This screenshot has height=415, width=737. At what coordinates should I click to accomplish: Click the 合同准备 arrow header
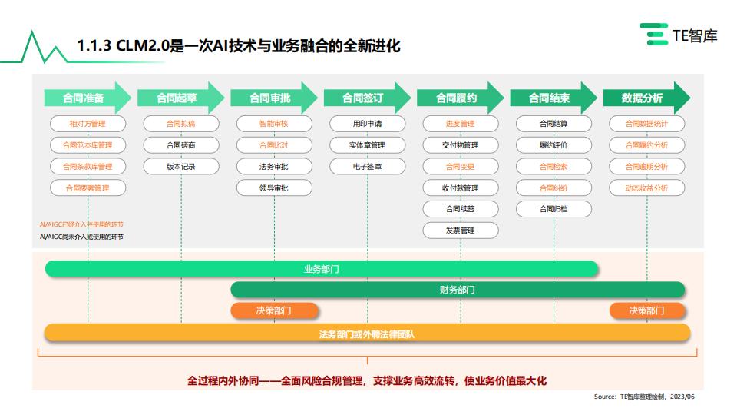[x=88, y=98]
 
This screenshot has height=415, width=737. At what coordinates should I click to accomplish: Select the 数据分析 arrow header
[x=646, y=98]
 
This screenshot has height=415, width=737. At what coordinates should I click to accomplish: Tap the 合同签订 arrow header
[x=367, y=98]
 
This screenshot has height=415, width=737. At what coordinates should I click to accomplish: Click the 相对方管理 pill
[x=88, y=124]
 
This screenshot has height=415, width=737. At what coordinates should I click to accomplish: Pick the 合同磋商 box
[x=181, y=145]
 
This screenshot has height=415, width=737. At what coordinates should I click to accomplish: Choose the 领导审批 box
[x=274, y=188]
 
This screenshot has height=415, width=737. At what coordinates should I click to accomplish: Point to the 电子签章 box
[x=367, y=167]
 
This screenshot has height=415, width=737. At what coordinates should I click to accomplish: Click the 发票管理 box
[x=460, y=231]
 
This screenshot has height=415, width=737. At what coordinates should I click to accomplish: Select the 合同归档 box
[x=554, y=209]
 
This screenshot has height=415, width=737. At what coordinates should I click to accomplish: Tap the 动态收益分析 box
[x=646, y=188]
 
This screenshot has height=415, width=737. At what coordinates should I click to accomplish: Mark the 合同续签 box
[x=460, y=209]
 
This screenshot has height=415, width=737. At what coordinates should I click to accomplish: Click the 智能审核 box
[x=274, y=124]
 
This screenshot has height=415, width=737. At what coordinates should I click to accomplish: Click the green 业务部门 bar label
[x=322, y=269]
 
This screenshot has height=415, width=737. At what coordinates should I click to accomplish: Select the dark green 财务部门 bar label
[x=458, y=290]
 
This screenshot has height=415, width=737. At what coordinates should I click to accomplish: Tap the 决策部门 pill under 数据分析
[x=646, y=310]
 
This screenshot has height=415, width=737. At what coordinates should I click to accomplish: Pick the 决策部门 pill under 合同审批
[x=274, y=310]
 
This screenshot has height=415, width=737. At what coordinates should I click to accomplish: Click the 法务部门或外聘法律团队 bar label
[x=367, y=334]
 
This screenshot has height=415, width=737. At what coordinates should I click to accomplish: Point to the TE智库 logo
[x=678, y=35]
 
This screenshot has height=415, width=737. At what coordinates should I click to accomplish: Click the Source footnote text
[x=644, y=397]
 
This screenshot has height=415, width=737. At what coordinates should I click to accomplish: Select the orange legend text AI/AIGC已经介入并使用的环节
[x=82, y=224]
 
